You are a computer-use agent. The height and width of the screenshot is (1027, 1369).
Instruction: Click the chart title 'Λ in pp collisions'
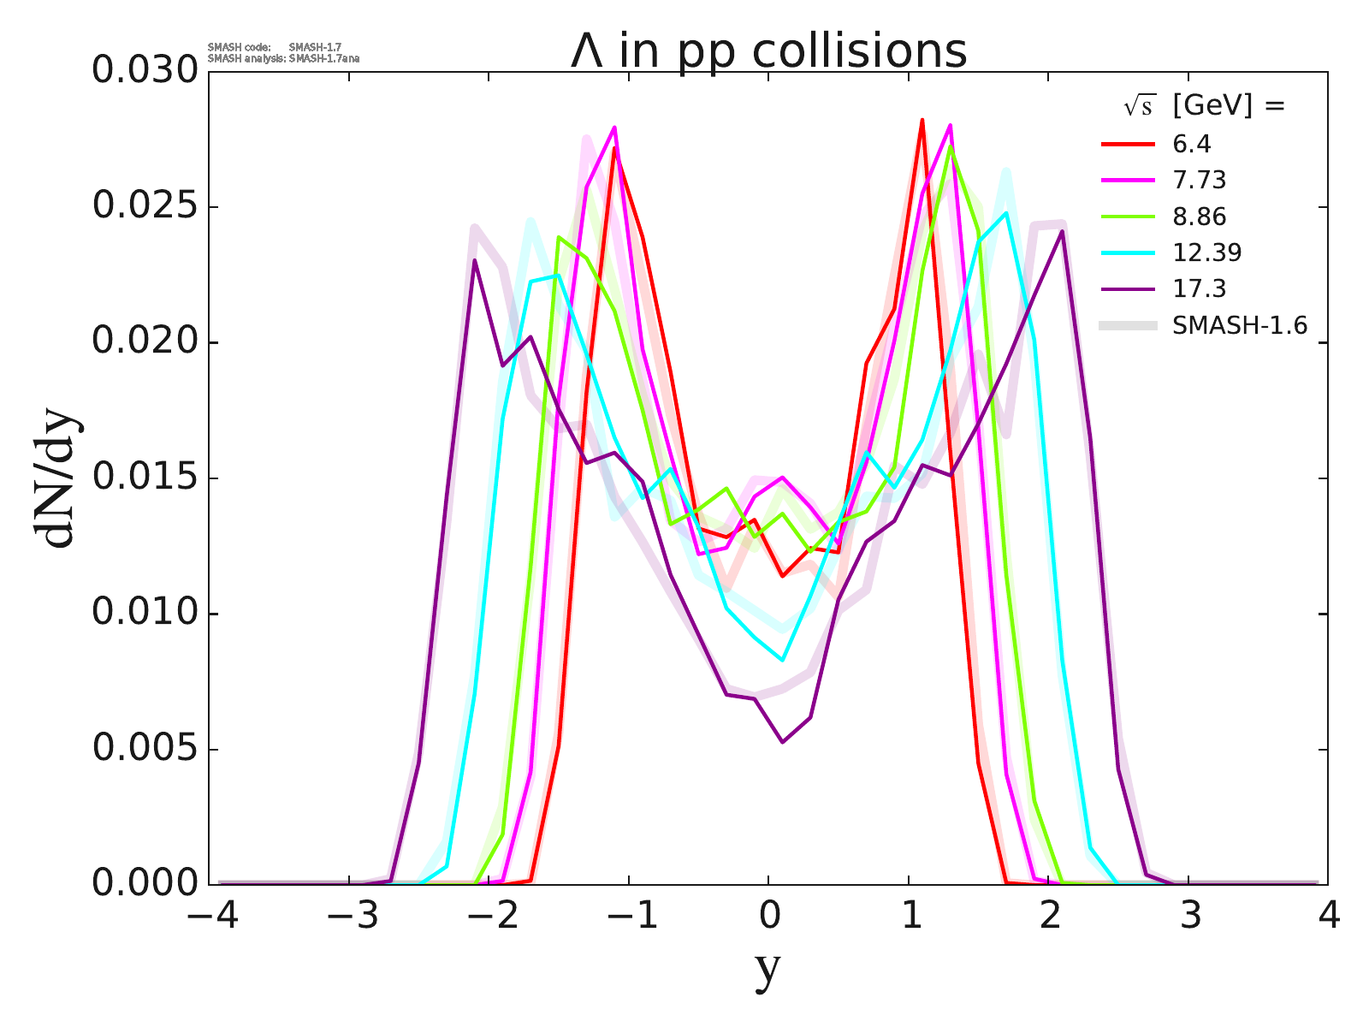[x=768, y=51]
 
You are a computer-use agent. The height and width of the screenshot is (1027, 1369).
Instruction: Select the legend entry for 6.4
[x=1192, y=144]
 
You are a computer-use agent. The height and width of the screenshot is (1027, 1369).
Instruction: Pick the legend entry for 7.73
[x=1200, y=180]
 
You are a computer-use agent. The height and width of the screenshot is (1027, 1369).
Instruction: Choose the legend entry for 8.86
[x=1200, y=217]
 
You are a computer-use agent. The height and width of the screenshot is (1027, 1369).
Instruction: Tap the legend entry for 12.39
[x=1206, y=252]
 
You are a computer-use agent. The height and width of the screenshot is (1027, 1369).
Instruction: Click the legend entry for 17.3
[x=1200, y=288]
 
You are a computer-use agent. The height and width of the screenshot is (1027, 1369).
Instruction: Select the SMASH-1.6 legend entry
[x=1240, y=325]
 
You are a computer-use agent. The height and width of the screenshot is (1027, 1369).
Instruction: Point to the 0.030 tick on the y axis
[x=145, y=71]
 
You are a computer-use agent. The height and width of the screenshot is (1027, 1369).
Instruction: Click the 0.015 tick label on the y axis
[x=145, y=478]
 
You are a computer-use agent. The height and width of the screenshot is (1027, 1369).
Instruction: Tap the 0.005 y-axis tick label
[x=145, y=749]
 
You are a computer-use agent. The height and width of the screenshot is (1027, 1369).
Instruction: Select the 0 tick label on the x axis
[x=768, y=917]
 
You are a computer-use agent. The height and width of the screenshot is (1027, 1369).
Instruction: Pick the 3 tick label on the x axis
[x=1189, y=917]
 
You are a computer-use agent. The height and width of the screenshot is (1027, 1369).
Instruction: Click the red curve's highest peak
[x=922, y=120]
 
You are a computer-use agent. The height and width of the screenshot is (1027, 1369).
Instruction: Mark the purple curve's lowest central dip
[x=783, y=741]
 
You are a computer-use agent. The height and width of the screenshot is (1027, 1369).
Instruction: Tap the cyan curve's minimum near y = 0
[x=782, y=660]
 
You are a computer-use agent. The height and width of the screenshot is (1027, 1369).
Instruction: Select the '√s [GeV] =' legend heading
[x=1205, y=106]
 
